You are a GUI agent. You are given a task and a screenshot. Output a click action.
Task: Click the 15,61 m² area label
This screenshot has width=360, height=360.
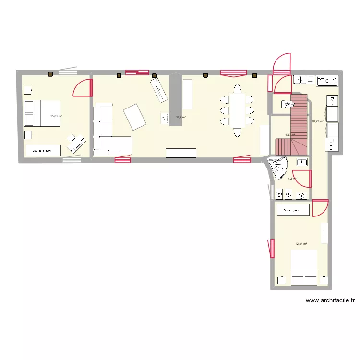click(x=56, y=116)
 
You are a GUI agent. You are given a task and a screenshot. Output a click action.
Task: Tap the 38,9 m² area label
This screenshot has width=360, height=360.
click(x=180, y=117)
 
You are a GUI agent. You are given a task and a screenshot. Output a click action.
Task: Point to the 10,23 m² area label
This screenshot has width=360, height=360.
click(x=318, y=121)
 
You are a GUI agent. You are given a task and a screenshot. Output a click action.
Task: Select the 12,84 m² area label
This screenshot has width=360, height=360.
click(x=301, y=244)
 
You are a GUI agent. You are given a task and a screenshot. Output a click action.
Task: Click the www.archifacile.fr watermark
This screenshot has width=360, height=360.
click(x=330, y=301)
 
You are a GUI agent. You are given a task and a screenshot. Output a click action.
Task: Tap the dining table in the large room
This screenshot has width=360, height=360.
click(x=237, y=110)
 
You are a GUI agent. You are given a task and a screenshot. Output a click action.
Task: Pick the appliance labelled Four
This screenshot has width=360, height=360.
click(x=331, y=101)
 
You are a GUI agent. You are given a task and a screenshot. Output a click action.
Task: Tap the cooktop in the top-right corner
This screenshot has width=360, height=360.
click(x=327, y=80)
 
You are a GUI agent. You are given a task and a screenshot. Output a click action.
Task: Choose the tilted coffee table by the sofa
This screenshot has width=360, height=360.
click(x=134, y=117)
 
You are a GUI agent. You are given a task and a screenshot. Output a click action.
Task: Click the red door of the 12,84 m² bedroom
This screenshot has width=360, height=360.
click(x=319, y=208)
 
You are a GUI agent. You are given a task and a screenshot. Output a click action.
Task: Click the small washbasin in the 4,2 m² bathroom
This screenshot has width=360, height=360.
click(x=301, y=162)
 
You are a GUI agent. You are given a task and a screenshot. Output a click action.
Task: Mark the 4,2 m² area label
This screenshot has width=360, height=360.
click(x=291, y=179)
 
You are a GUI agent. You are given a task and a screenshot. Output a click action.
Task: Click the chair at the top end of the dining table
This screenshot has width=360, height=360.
click(x=237, y=89)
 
